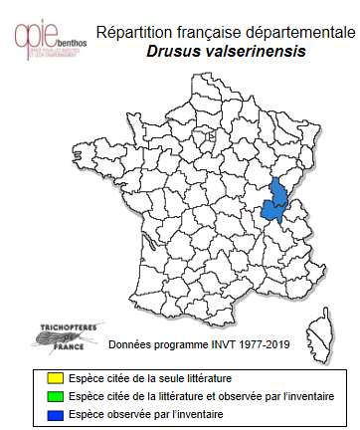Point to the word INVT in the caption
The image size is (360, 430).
pyautogui.click(x=218, y=346)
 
